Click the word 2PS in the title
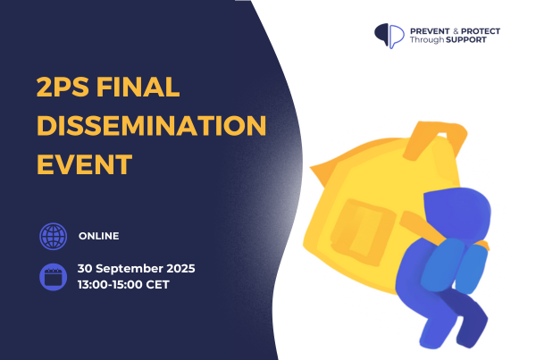point(63,88)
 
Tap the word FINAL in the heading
point(138,88)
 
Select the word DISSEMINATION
point(152,126)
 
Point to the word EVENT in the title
point(85,164)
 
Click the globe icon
point(53,236)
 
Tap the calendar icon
point(53,277)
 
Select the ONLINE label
point(99,236)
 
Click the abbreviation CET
point(157,284)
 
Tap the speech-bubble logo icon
point(389,36)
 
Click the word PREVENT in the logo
point(430,31)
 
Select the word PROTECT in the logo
point(481,31)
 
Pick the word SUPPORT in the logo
point(466,40)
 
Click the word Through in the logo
point(427,40)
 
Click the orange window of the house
point(363,232)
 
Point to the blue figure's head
point(457,213)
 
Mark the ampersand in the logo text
point(456,31)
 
